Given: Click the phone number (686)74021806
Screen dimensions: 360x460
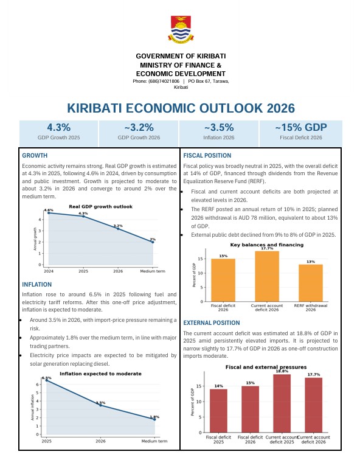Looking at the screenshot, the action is (164, 81).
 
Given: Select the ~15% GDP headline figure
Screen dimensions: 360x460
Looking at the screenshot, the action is (301, 127).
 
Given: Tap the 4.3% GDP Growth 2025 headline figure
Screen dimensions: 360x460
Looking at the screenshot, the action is (58, 127).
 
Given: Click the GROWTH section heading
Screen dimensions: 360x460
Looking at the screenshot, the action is (35, 156).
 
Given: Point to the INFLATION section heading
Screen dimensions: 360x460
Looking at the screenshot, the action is (36, 284).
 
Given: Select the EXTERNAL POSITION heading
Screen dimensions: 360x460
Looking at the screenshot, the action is (212, 322).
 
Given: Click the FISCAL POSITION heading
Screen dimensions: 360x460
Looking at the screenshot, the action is (207, 156).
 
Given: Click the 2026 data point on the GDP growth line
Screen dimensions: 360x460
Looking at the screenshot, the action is (118, 228).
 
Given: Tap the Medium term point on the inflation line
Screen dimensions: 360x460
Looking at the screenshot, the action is (154, 419).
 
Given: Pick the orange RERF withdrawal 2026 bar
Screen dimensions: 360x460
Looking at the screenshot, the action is (311, 283).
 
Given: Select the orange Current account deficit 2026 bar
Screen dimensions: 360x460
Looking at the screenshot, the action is (267, 276).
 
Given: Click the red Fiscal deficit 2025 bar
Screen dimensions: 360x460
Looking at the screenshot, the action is (218, 411).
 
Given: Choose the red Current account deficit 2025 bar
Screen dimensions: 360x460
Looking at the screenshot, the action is (282, 403).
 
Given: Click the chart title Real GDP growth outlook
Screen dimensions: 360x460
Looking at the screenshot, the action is (100, 206).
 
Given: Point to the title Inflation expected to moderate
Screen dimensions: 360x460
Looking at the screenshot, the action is (100, 374).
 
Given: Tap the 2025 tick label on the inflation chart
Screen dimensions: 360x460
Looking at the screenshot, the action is (46, 441).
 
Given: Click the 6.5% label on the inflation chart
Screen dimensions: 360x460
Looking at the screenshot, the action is (46, 378).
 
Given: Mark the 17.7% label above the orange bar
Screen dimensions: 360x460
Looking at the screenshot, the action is (267, 248).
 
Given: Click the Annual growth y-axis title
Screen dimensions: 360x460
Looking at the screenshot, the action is (35, 239).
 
